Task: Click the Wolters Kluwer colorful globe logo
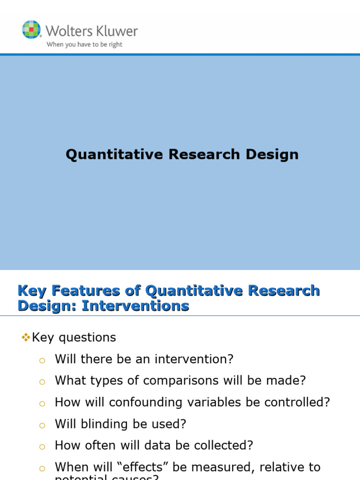click(x=31, y=30)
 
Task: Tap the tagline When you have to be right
click(x=84, y=45)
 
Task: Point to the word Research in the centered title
click(x=207, y=155)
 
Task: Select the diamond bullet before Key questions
click(x=26, y=337)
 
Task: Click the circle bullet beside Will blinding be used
click(x=42, y=426)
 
